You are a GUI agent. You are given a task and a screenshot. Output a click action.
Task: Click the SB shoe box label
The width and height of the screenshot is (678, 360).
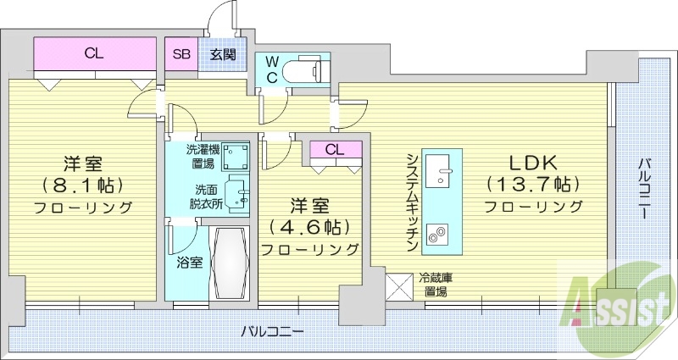(181, 54)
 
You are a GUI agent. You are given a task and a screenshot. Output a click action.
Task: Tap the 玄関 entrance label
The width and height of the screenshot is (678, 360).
(223, 54)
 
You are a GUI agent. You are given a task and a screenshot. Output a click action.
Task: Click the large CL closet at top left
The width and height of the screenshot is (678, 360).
(95, 54)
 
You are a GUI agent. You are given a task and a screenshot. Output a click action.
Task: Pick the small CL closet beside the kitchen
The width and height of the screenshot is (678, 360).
(334, 150)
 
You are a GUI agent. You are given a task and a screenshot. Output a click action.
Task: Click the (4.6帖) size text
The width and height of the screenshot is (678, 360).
(309, 227)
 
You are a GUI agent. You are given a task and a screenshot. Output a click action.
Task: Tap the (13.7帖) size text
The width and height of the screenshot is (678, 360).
(532, 182)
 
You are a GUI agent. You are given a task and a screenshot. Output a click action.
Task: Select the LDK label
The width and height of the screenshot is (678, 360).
(532, 161)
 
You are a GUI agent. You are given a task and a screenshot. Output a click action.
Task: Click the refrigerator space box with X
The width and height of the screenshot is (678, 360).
(398, 285)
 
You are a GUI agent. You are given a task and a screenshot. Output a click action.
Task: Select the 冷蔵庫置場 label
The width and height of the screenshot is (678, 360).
(437, 285)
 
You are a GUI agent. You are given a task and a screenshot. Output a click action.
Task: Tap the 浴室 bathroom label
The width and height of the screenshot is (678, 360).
(189, 262)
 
